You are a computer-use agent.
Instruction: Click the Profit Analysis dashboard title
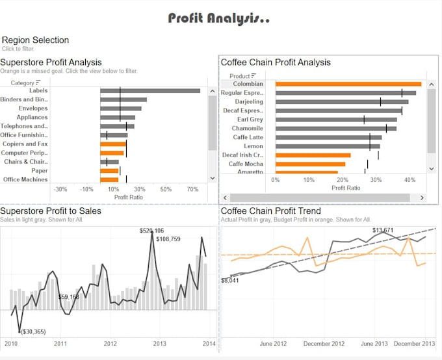pyautogui.click(x=219, y=18)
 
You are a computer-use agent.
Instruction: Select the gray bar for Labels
pyautogui.click(x=149, y=91)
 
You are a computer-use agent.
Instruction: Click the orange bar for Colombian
pyautogui.click(x=348, y=84)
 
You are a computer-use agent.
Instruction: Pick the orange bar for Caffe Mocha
pyautogui.click(x=310, y=164)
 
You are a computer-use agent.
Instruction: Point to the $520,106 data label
pyautogui.click(x=151, y=231)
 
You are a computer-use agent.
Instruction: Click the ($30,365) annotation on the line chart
pyautogui.click(x=32, y=332)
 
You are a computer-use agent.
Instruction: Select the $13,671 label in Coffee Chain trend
pyautogui.click(x=382, y=231)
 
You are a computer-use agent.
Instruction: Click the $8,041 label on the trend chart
pyautogui.click(x=231, y=280)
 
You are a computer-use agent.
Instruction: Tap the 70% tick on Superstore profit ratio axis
pyautogui.click(x=192, y=189)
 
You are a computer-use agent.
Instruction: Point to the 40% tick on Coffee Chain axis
pyautogui.click(x=409, y=179)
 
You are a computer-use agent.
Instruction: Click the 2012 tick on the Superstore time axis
pyautogui.click(x=110, y=344)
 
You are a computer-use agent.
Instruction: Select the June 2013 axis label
pyautogui.click(x=374, y=344)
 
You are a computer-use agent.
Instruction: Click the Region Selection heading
pyautogui.click(x=35, y=40)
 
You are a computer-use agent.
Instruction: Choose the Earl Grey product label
pyautogui.click(x=250, y=120)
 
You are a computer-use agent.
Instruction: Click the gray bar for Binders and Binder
pyautogui.click(x=123, y=99)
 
